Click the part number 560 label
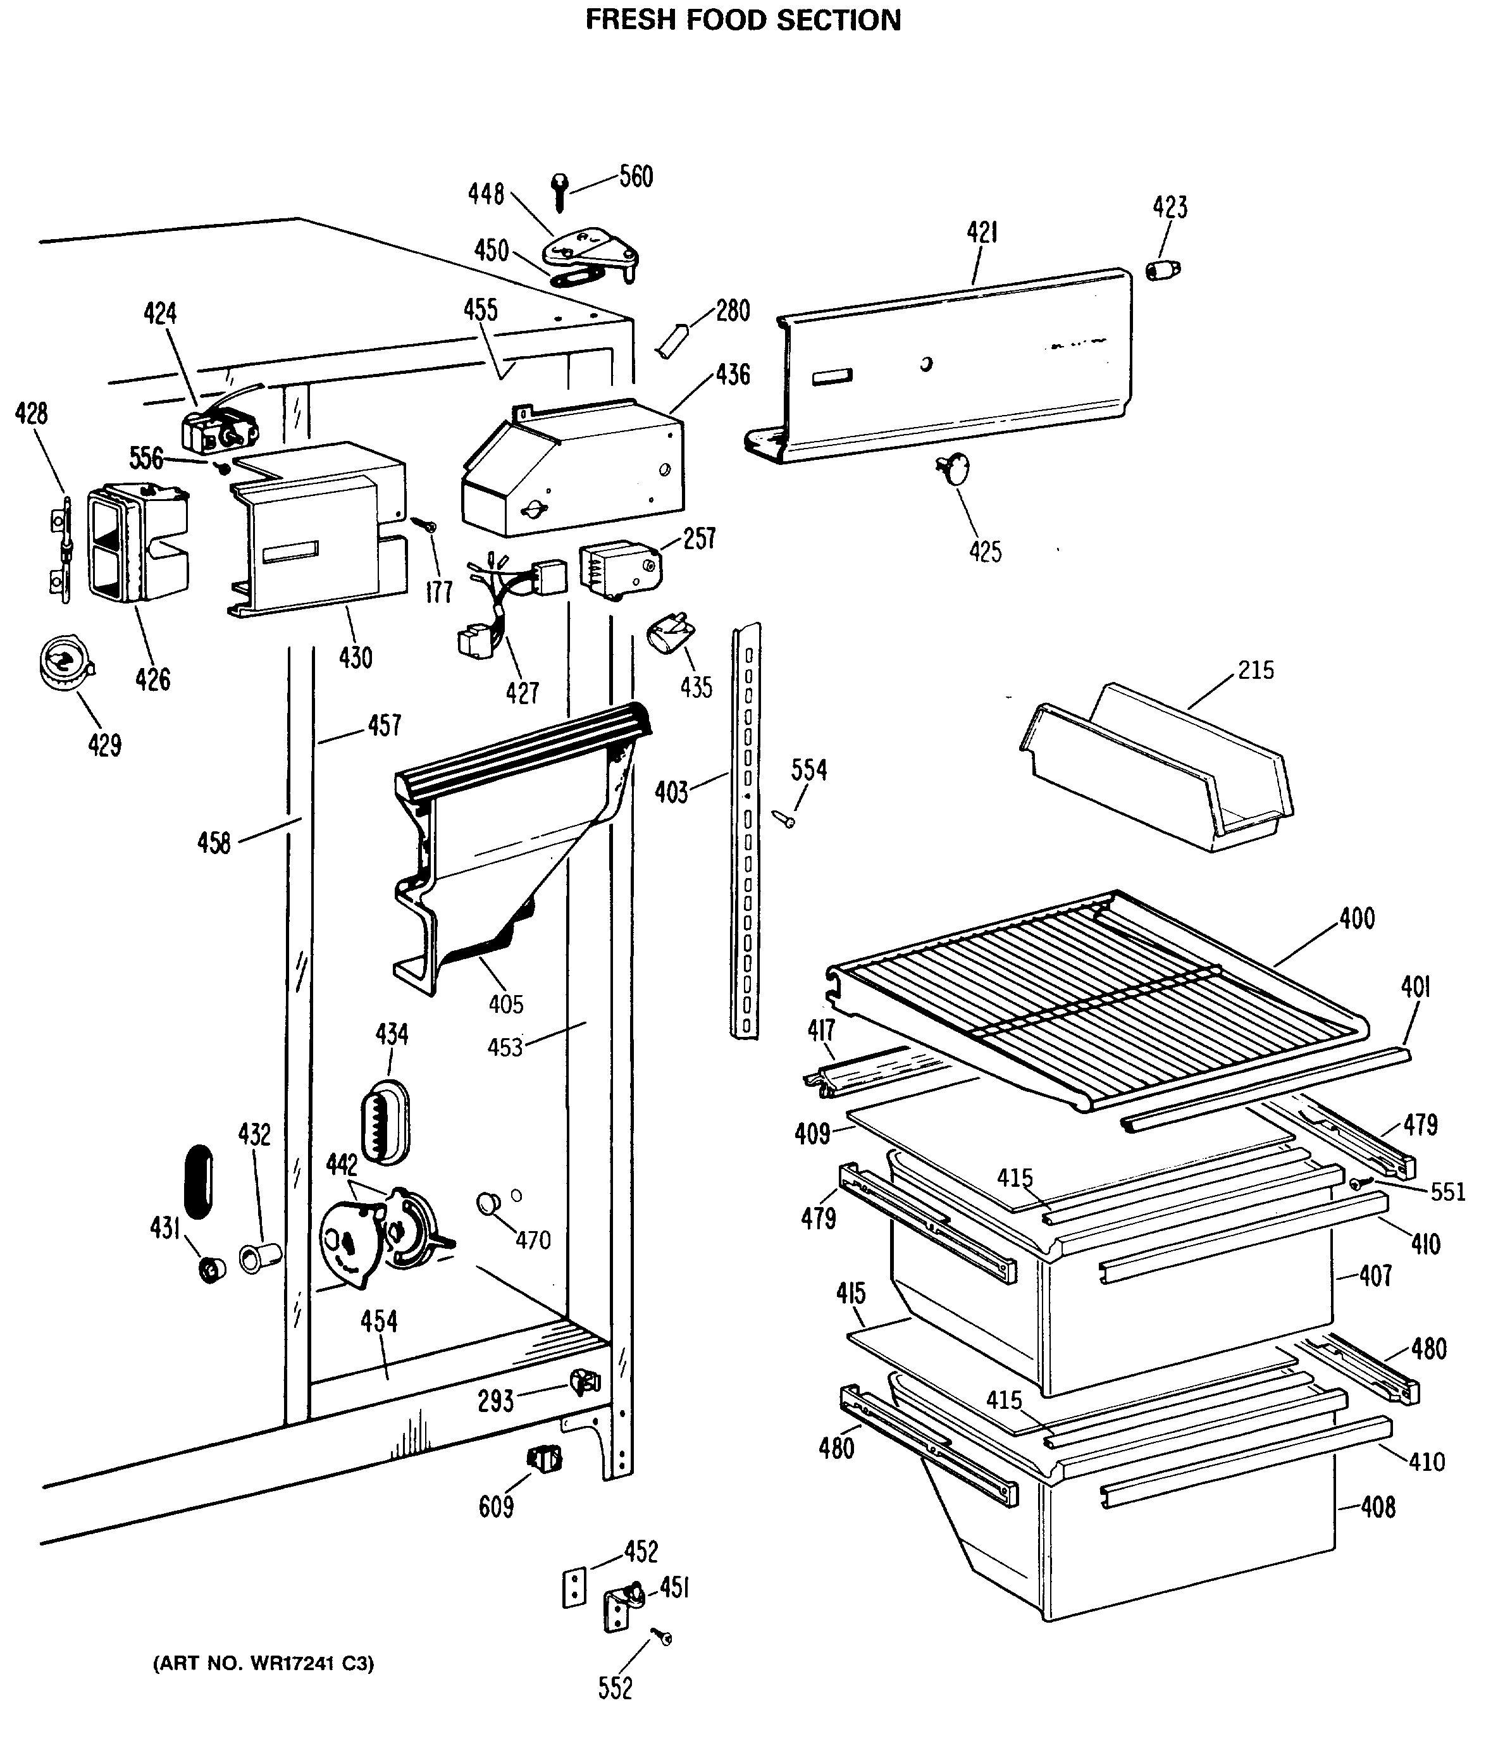(636, 177)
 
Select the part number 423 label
(1170, 208)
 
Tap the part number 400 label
(1357, 919)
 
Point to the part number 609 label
(496, 1506)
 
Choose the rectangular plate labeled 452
(574, 1587)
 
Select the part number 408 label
(1378, 1506)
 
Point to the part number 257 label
(699, 538)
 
